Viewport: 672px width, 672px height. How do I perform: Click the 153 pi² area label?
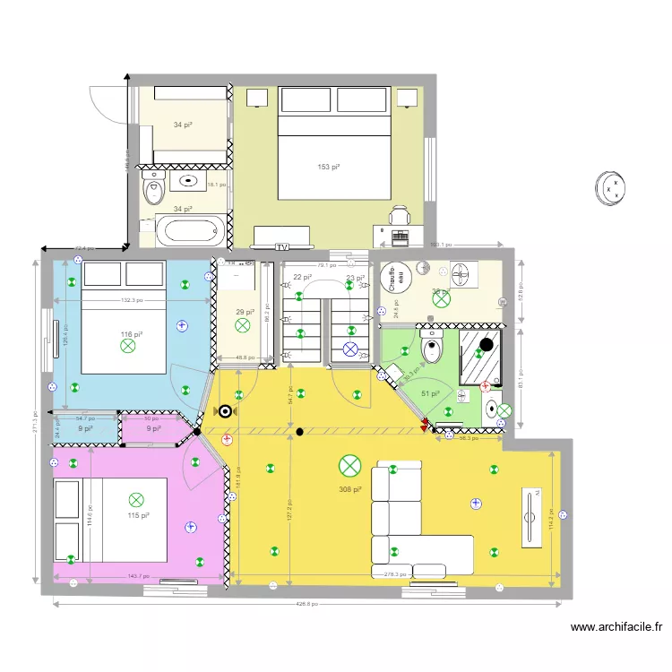pyautogui.click(x=330, y=167)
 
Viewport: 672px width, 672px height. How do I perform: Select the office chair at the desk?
pyautogui.click(x=399, y=215)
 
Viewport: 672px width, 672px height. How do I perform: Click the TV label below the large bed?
pyautogui.click(x=282, y=246)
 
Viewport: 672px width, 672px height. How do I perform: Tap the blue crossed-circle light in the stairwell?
pyautogui.click(x=351, y=349)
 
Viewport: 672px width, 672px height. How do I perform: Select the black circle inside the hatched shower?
pyautogui.click(x=486, y=343)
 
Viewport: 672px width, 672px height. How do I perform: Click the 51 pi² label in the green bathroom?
pyautogui.click(x=430, y=393)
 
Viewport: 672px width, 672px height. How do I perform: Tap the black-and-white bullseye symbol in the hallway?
pyautogui.click(x=224, y=412)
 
